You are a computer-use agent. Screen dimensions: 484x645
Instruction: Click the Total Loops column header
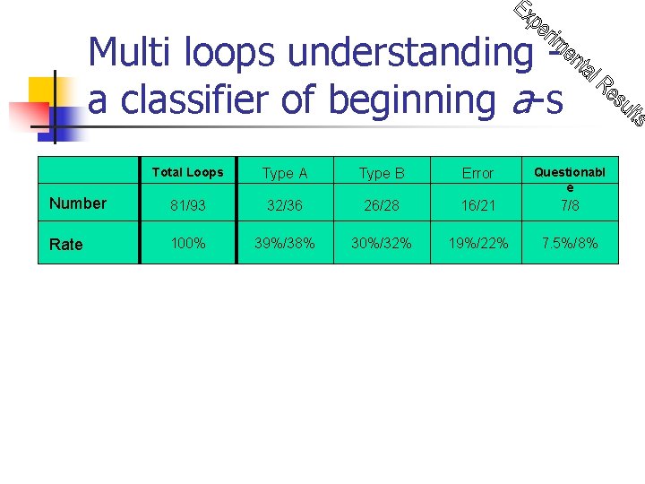coord(187,172)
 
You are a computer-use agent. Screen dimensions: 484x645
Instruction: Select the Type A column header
coord(285,173)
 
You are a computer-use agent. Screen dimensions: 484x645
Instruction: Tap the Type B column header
coord(382,173)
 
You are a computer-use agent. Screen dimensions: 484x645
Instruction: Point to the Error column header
coord(477,173)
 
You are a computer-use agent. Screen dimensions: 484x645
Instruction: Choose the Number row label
coord(78,203)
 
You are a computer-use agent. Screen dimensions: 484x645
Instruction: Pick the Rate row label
coord(66,244)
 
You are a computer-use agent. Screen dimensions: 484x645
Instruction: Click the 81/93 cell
coord(187,205)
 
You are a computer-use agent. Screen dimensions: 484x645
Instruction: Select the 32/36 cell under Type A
coord(285,205)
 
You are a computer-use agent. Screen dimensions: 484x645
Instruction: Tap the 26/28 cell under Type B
coord(382,205)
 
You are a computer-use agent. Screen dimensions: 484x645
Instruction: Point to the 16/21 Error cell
coord(477,205)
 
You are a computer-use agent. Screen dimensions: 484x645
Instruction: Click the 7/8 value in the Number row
coord(570,205)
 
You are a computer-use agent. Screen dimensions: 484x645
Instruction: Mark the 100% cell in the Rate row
coord(187,243)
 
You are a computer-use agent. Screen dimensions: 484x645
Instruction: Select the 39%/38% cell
coord(285,243)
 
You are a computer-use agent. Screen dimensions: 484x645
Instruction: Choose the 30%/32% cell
coord(382,243)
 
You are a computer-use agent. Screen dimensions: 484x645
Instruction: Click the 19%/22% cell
coord(477,243)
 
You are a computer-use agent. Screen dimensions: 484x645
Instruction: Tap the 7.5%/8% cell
coord(570,243)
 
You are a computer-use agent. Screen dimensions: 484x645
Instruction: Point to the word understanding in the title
coord(409,53)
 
